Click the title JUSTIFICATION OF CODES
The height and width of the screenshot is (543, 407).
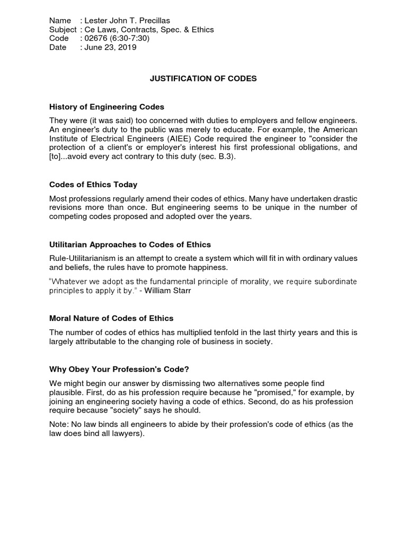point(203,78)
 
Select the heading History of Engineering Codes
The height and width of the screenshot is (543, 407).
point(107,107)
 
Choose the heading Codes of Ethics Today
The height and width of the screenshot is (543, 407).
point(93,185)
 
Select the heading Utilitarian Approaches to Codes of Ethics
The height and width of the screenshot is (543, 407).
point(130,244)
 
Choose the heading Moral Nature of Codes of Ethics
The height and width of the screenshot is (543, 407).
point(111,318)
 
